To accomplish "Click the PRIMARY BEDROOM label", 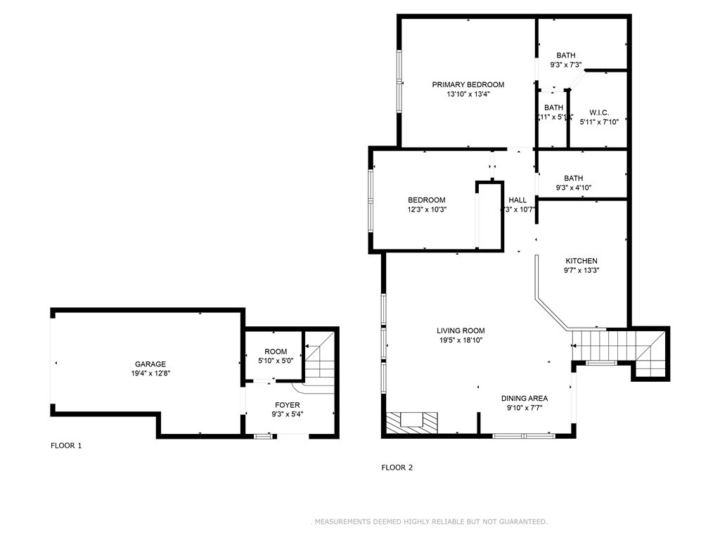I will [468, 84].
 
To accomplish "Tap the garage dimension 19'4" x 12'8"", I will [150, 373].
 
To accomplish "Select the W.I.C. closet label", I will [598, 112].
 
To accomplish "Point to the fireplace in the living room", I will [411, 422].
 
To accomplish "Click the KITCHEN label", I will [581, 261].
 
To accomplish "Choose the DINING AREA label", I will [524, 398].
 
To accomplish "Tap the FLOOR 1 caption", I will [66, 445].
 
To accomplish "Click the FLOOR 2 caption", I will [397, 467].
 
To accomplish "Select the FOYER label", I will [287, 405].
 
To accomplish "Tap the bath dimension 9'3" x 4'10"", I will [573, 188].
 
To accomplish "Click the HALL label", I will [517, 200].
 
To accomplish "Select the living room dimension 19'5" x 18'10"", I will [461, 340].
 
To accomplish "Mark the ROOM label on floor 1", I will [276, 352].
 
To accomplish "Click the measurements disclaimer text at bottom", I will [429, 522].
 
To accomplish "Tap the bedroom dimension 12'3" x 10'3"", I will [426, 209].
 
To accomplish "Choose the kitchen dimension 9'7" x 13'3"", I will [581, 270].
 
